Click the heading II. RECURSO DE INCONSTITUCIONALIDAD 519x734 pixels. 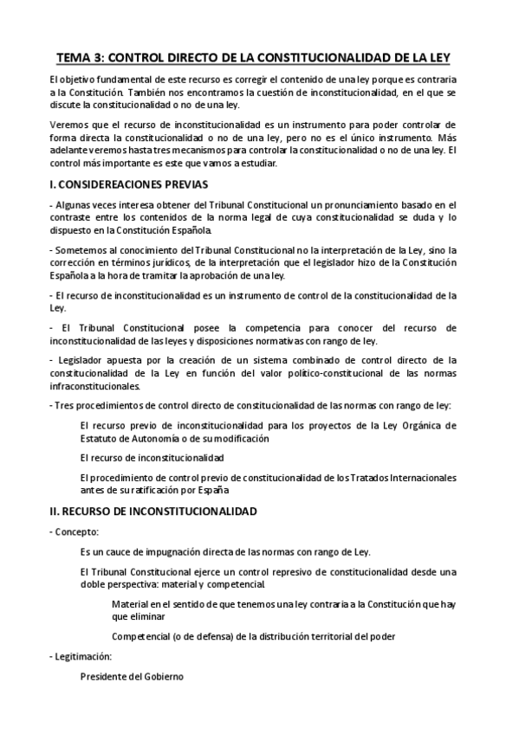coord(153,511)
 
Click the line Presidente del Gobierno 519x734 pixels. coord(131,676)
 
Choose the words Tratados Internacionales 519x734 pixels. coord(425,477)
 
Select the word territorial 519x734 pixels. coord(310,636)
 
